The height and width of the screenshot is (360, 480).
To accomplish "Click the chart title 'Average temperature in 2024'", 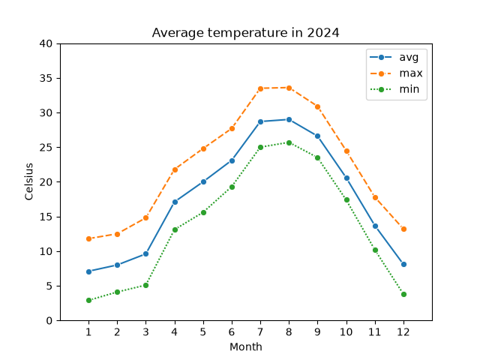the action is click(245, 33).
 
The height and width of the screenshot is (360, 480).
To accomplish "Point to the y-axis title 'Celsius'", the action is click(28, 181).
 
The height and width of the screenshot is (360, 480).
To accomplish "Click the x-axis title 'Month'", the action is click(246, 346).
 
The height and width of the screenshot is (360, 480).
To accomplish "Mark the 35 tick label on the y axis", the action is click(46, 78).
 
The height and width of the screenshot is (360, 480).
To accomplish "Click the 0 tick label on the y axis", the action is click(49, 320).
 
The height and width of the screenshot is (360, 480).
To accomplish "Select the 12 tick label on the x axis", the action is click(403, 331).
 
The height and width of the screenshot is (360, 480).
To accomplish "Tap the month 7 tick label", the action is click(260, 331).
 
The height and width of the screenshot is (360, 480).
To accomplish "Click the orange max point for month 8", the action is click(289, 88).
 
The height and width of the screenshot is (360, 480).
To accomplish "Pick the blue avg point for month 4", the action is click(175, 202).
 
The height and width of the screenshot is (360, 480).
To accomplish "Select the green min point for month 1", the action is click(88, 300).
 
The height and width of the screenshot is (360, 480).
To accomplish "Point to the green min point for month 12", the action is click(403, 295).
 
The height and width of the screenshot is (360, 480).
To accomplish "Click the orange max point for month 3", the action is click(145, 218).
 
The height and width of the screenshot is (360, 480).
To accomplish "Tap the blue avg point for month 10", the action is click(346, 178).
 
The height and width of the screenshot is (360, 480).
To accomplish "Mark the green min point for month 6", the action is click(232, 187).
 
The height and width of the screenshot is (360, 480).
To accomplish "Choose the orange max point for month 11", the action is click(375, 197).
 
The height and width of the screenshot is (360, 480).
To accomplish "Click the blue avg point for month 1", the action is click(88, 271).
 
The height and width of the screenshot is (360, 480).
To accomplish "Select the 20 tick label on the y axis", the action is click(46, 182).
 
